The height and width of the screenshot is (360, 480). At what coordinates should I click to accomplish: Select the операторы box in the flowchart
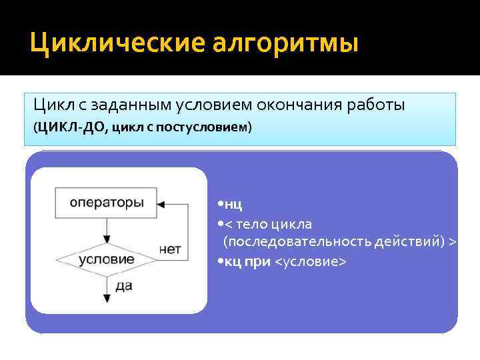(x=107, y=202)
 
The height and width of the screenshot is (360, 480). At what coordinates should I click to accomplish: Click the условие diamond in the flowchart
(x=107, y=258)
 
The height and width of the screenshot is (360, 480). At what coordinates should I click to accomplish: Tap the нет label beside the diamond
(x=171, y=249)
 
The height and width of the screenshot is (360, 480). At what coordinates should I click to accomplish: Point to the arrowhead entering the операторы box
(x=160, y=203)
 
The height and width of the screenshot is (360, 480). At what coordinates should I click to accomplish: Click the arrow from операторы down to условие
(x=107, y=230)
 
